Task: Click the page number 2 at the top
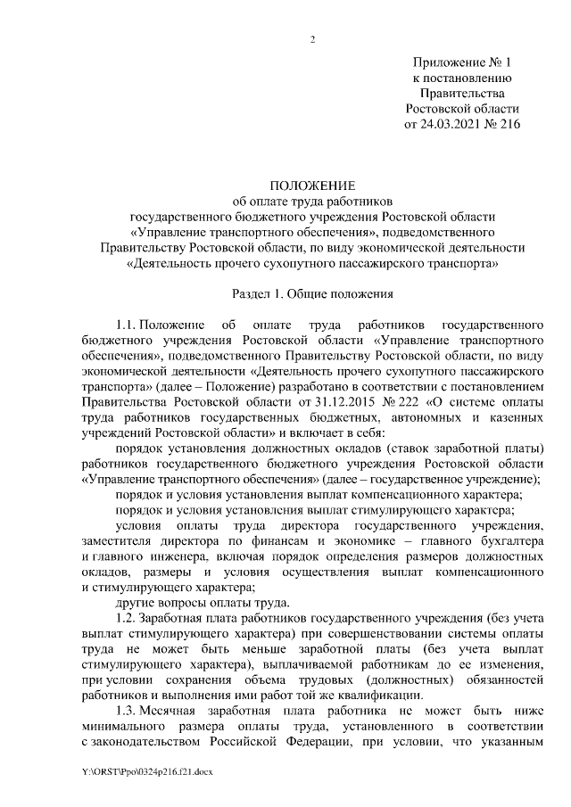pyautogui.click(x=313, y=38)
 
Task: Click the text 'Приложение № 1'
pyautogui.click(x=461, y=62)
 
